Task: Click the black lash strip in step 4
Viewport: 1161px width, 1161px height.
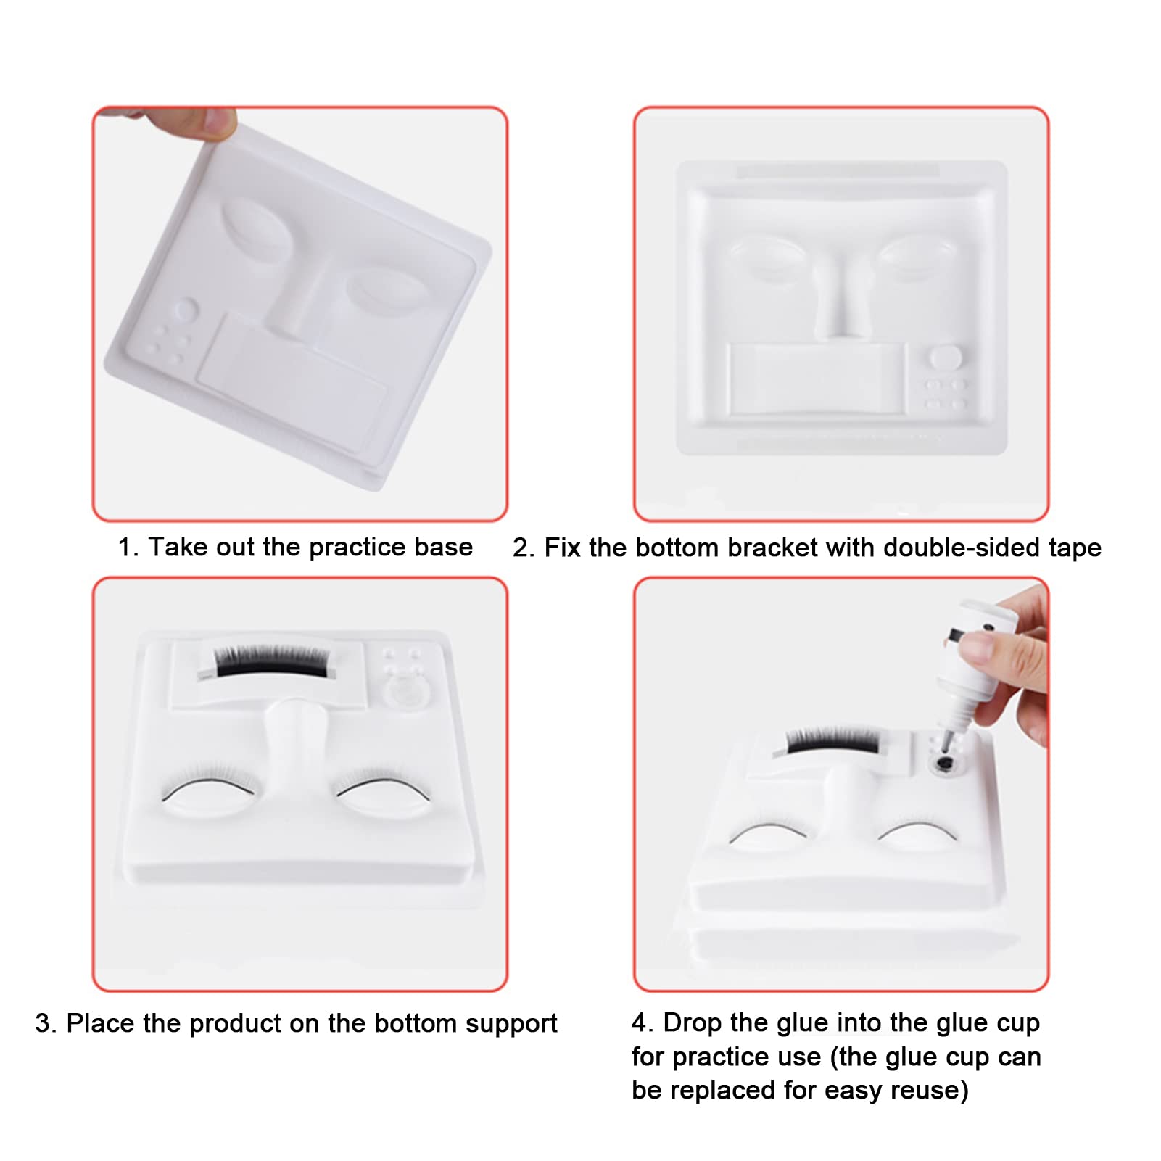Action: [832, 740]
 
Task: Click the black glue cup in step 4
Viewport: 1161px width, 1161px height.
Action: [944, 763]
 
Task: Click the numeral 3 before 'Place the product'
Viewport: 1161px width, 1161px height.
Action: [44, 1023]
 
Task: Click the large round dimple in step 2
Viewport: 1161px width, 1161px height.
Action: [946, 358]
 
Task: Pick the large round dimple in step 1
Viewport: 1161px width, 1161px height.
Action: [185, 310]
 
